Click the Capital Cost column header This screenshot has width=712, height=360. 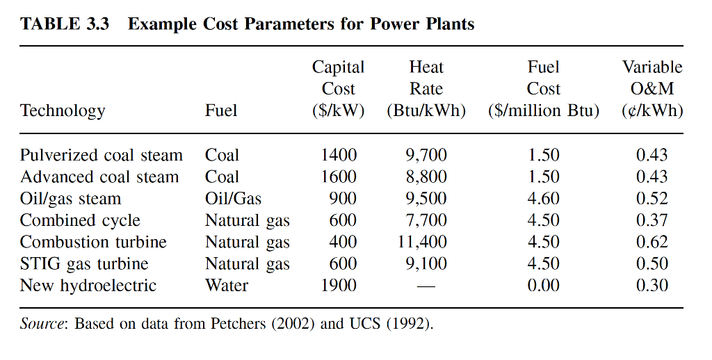pos(338,89)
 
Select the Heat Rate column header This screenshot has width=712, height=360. pos(426,89)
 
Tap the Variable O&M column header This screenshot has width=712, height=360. pos(652,89)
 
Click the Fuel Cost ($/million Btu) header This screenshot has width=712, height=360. pos(543,89)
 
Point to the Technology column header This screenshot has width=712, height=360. pos(63,111)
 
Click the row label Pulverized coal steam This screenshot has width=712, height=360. pos(101,155)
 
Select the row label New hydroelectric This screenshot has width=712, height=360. pos(88,285)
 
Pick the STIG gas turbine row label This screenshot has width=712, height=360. pos(83,263)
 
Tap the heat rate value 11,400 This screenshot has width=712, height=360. pos(423,242)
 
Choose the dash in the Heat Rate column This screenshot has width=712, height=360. pos(426,286)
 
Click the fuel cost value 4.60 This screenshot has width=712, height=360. pos(543,199)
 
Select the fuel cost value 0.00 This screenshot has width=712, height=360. pos(543,285)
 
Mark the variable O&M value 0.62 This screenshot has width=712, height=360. pos(652,242)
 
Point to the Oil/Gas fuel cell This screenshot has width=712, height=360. pos(233,199)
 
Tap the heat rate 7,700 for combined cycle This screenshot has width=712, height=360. pos(426,220)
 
